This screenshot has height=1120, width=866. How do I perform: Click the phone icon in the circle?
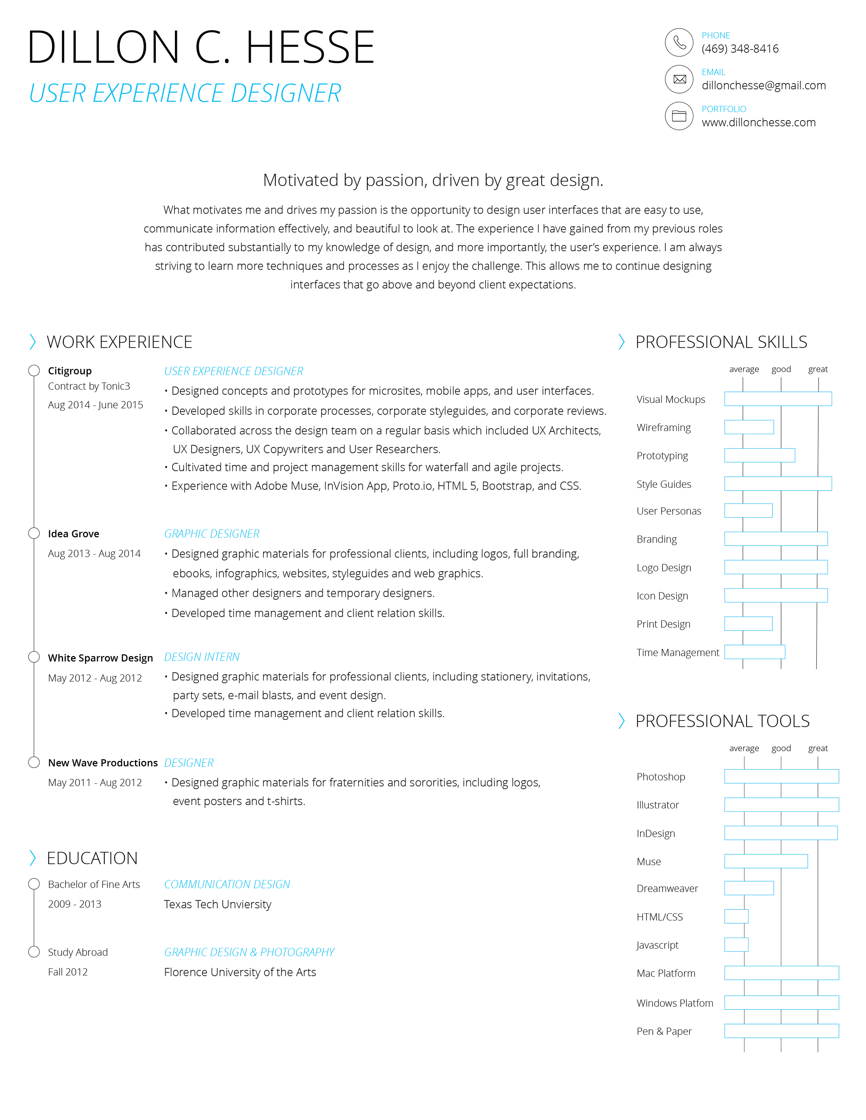[679, 42]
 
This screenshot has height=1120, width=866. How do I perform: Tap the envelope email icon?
[679, 79]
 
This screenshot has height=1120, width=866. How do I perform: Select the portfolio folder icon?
[679, 116]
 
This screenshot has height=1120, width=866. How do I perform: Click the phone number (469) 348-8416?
[740, 49]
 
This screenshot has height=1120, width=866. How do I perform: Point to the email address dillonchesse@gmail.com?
[763, 86]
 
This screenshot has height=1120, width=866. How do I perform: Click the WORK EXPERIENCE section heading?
[119, 342]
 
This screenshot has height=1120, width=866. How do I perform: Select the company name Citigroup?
[70, 371]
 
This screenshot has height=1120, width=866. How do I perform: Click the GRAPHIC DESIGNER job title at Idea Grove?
[211, 534]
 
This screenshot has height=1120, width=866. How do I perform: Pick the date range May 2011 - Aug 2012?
[95, 782]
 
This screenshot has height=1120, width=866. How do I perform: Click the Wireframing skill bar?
[749, 427]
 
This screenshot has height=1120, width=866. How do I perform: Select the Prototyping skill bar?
[759, 455]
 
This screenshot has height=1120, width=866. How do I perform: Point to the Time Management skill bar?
[754, 652]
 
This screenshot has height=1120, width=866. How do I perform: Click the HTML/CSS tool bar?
[736, 916]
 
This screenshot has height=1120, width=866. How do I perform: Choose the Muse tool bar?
[766, 861]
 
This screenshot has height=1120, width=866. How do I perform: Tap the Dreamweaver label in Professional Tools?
[667, 889]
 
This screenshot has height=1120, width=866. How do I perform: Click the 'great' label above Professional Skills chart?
[818, 369]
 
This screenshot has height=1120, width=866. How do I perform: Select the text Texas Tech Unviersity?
[218, 905]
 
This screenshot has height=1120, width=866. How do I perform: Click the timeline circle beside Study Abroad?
[34, 952]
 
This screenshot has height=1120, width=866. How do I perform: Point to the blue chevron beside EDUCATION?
[33, 858]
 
